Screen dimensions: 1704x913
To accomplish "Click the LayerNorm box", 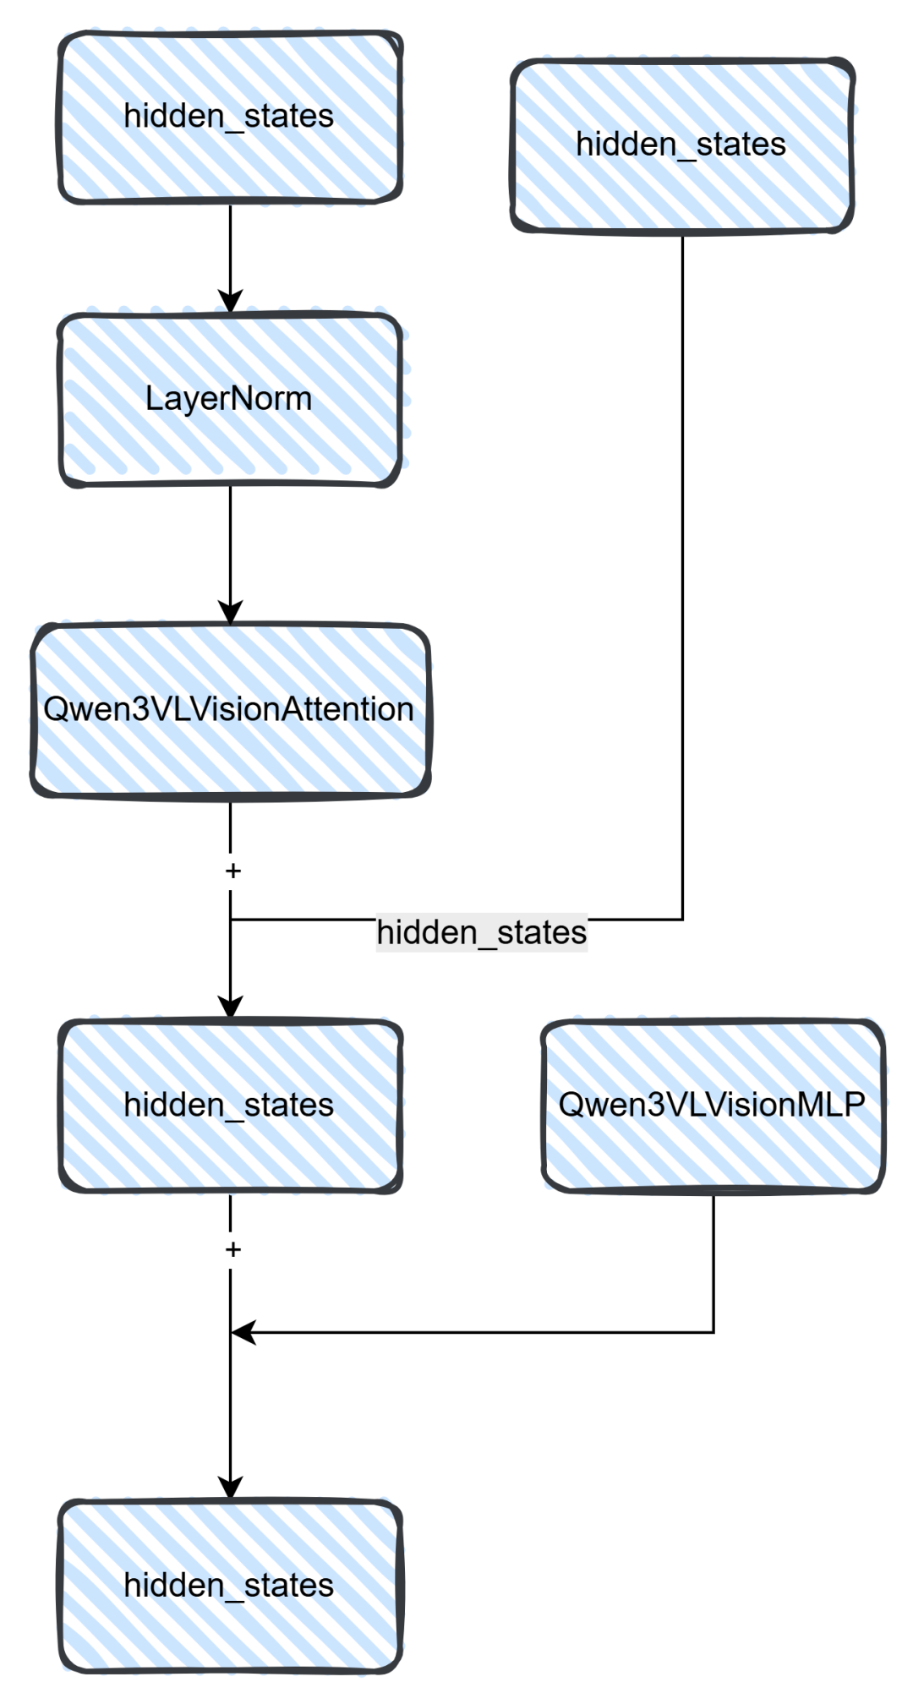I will pyautogui.click(x=230, y=399).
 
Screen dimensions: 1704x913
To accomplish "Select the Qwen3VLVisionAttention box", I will pyautogui.click(x=230, y=710).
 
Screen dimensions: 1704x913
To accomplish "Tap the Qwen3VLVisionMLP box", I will pyautogui.click(x=713, y=1106).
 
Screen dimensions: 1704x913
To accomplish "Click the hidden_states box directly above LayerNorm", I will pyautogui.click(x=230, y=117).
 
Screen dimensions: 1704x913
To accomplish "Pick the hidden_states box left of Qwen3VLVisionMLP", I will pyautogui.click(x=230, y=1106).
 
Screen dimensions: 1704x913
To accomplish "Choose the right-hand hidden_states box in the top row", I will pyautogui.click(x=682, y=145).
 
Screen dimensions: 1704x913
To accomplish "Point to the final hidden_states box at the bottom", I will pyautogui.click(x=230, y=1586).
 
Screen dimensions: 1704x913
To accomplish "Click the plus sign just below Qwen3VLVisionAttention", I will pyautogui.click(x=232, y=871).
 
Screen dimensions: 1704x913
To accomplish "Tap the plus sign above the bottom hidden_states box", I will pyautogui.click(x=232, y=1249).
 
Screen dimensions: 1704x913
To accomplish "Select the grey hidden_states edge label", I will pyautogui.click(x=481, y=933).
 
